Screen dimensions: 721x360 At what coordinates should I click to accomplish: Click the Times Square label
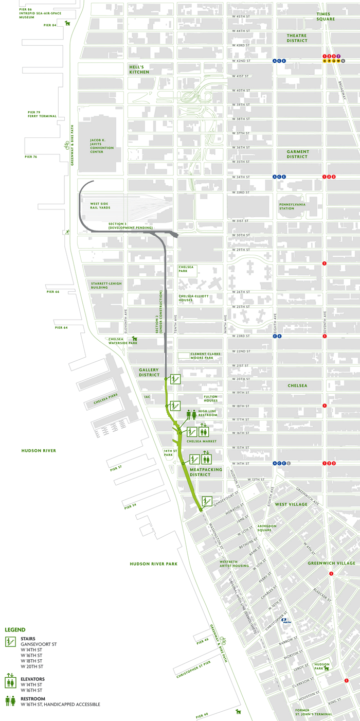pos(326,15)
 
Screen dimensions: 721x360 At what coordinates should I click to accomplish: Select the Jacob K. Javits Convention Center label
pos(102,146)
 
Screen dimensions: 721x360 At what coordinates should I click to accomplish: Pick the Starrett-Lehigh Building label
pos(99,285)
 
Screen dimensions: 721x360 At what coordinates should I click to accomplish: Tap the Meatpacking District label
pos(206,472)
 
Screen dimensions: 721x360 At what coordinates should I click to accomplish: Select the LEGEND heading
pos(15,630)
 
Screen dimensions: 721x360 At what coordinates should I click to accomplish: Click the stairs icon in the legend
pos(10,642)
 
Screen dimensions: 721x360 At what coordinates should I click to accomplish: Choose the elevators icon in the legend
pos(10,681)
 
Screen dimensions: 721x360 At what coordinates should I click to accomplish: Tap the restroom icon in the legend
pos(10,701)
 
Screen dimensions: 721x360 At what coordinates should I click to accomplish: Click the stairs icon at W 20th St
pos(175,379)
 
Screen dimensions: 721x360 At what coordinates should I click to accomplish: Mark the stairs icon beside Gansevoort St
pos(207,501)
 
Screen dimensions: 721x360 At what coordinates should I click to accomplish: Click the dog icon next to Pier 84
pos(67,23)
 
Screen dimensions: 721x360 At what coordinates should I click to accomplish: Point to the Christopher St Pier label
pos(192,675)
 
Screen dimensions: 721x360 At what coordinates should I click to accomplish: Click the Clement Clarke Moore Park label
pos(206,354)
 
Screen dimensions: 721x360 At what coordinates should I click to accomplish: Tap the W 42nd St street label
pos(241,61)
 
